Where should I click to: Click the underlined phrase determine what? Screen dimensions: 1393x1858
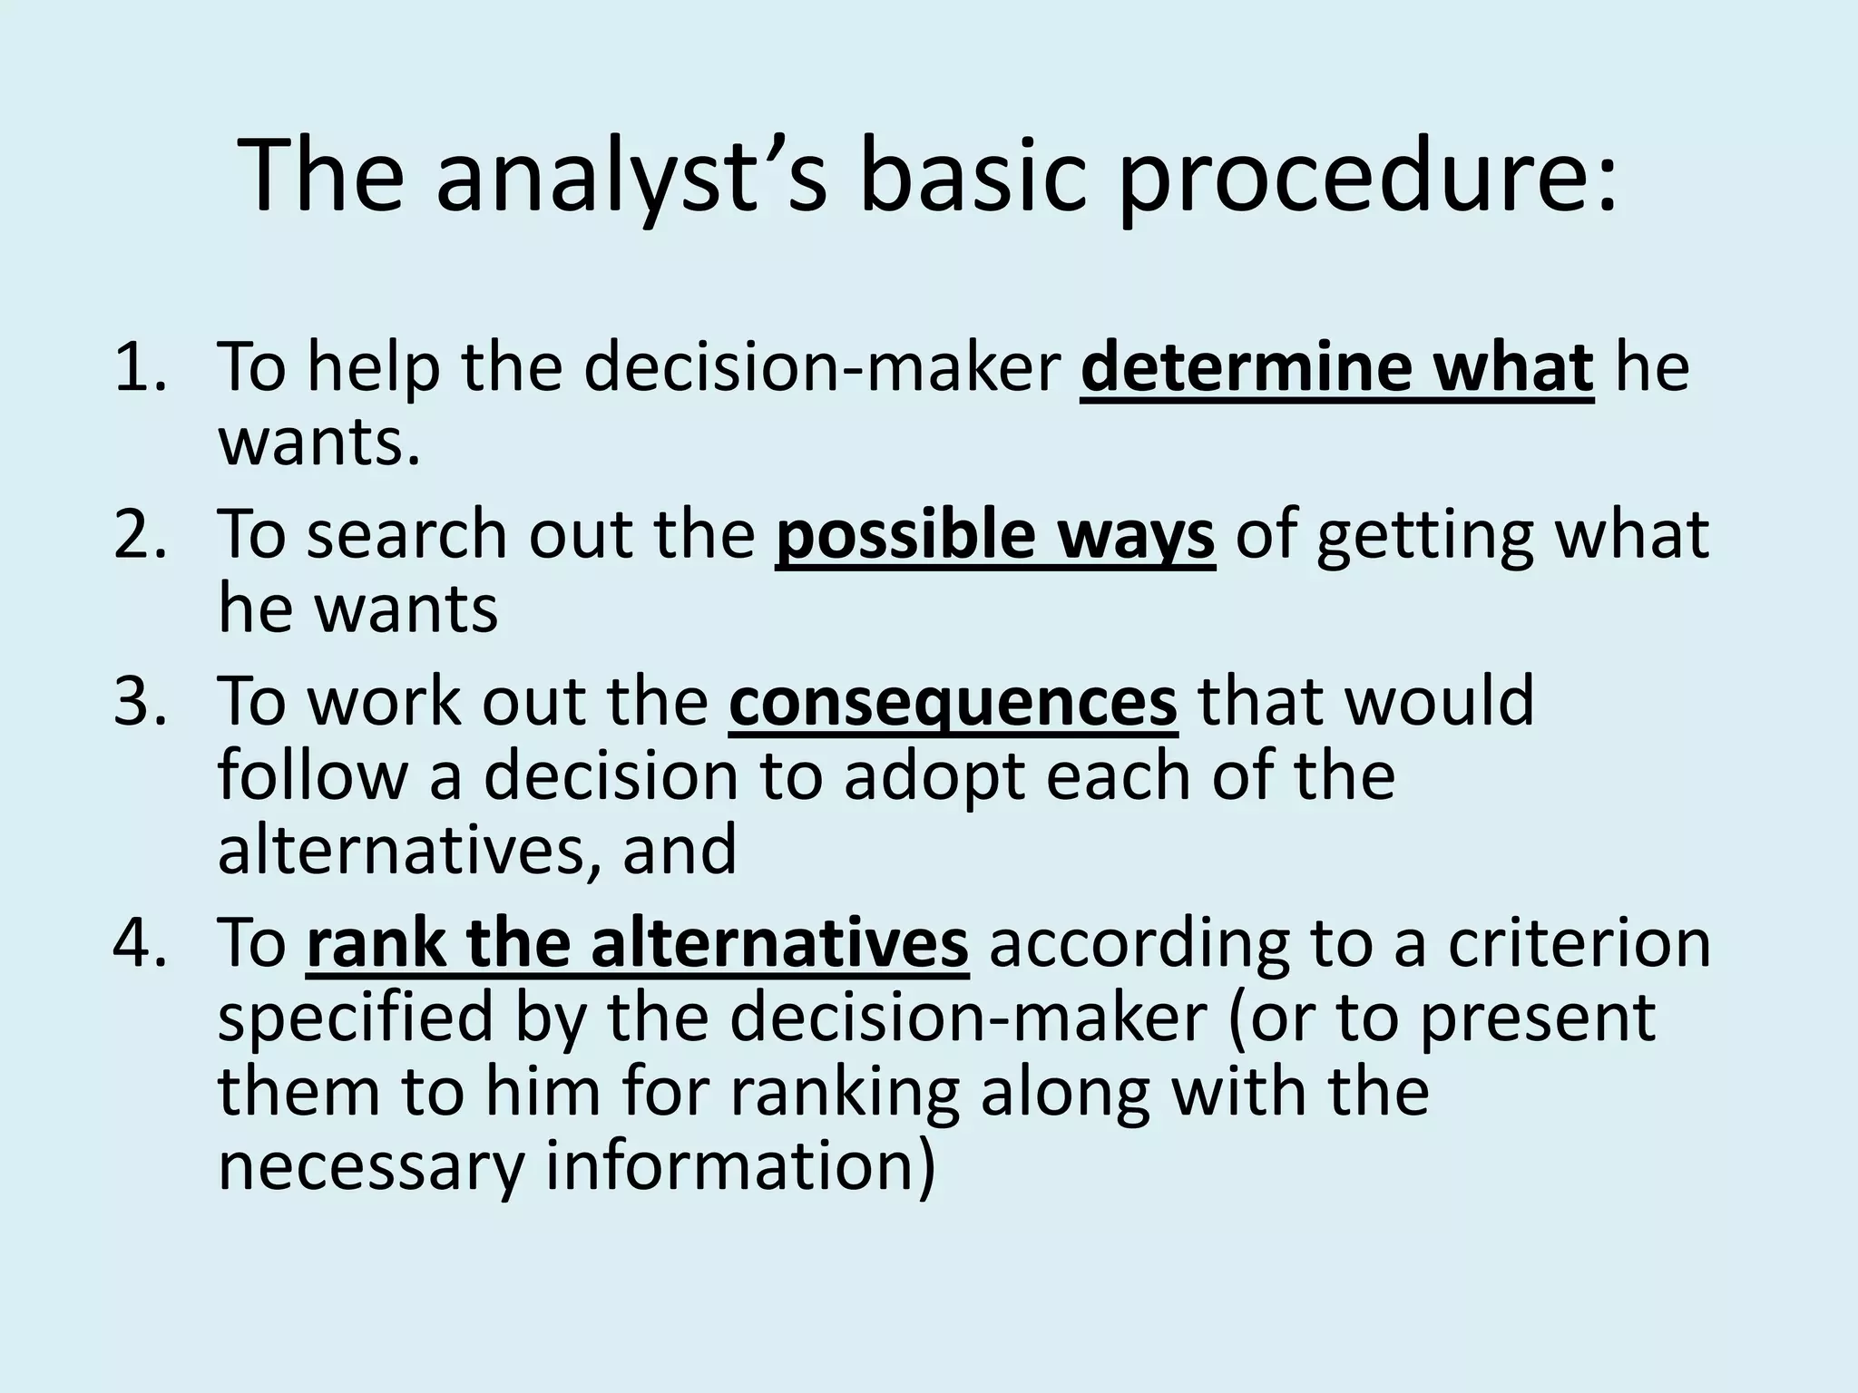pos(1337,366)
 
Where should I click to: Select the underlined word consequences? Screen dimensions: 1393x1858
pos(953,700)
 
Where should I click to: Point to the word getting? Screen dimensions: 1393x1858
pos(1425,535)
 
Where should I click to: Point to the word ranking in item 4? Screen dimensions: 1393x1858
pos(845,1092)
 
